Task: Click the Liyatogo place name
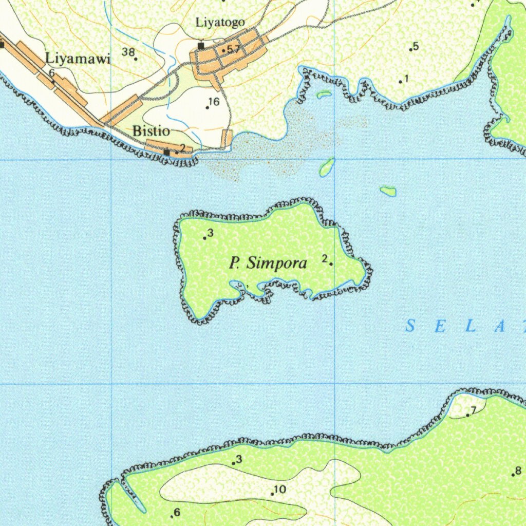click(220, 23)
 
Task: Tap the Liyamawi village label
click(78, 59)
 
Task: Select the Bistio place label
click(151, 130)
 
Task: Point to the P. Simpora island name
click(268, 264)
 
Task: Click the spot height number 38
click(128, 51)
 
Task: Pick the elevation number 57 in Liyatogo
click(233, 49)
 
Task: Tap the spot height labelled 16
click(214, 102)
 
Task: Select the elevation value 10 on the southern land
click(280, 489)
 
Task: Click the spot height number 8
click(518, 470)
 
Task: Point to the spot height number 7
click(473, 409)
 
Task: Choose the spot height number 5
click(416, 46)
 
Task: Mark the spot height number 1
click(406, 78)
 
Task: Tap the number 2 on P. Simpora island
click(325, 258)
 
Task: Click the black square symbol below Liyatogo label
click(201, 46)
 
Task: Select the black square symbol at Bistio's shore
click(166, 152)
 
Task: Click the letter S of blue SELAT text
click(410, 326)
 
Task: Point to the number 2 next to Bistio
click(182, 147)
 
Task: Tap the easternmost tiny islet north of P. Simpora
click(388, 191)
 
